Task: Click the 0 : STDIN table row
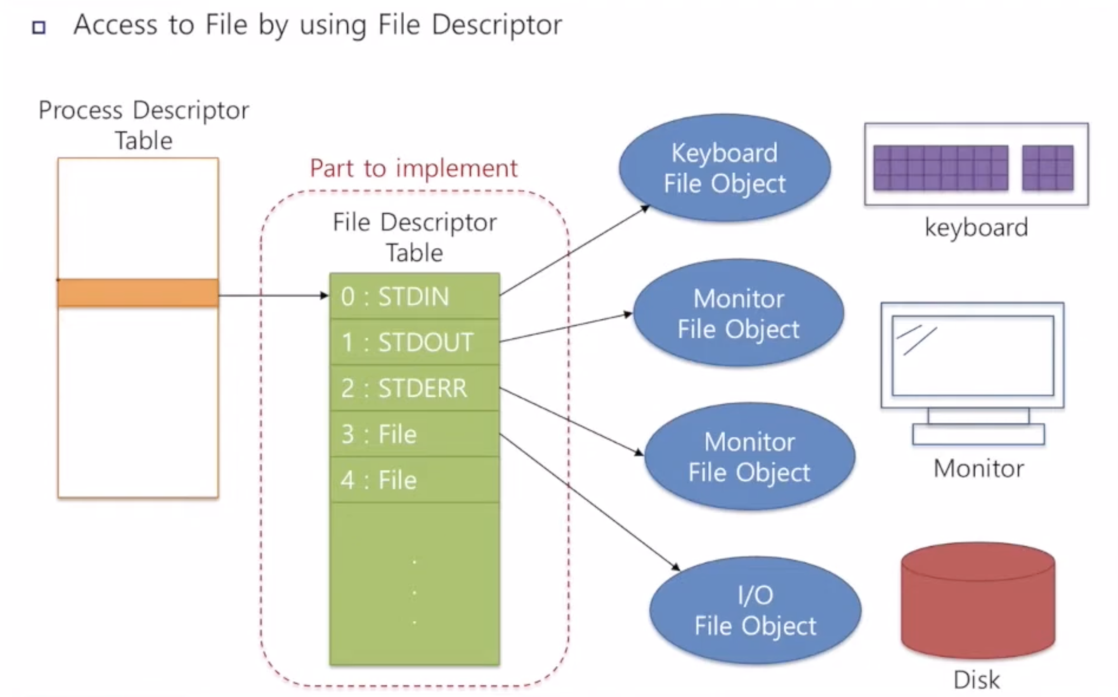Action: coord(415,295)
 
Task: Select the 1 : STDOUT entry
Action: coord(415,342)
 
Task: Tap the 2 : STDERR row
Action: coord(415,388)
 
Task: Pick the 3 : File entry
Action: coord(415,434)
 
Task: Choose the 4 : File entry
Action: coord(415,480)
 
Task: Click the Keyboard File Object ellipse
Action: coord(724,168)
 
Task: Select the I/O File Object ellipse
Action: coord(755,610)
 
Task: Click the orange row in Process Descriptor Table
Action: coord(138,293)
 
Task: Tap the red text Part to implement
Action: coord(414,168)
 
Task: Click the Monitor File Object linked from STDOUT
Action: coord(739,313)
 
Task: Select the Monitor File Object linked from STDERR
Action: coord(750,457)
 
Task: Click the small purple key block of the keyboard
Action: coord(1048,168)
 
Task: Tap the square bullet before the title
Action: coord(39,27)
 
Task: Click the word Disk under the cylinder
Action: coord(976,680)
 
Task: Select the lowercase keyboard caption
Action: coord(976,228)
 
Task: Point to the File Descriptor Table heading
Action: coord(415,237)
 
